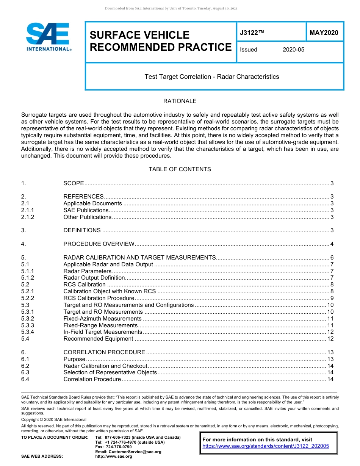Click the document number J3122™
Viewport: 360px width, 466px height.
(252, 33)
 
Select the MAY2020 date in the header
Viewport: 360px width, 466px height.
(324, 33)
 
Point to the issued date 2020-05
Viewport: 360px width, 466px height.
(293, 50)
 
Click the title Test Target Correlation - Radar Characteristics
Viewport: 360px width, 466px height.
(211, 77)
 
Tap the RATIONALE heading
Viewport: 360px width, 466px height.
(180, 101)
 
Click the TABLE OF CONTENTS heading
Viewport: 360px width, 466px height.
(180, 169)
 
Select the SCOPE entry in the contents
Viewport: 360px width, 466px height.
(74, 183)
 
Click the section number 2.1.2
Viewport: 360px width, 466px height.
(28, 217)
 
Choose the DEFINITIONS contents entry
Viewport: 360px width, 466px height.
(82, 230)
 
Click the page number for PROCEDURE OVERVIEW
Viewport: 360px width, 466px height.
(332, 244)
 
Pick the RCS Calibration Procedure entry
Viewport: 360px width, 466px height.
(99, 298)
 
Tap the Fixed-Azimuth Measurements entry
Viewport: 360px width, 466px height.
(102, 319)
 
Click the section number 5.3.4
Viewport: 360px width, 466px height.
(28, 332)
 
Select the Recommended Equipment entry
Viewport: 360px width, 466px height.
(98, 339)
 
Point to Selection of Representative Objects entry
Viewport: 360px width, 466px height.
(110, 372)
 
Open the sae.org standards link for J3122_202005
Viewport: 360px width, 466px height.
(266, 446)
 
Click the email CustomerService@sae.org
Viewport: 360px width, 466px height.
(128, 452)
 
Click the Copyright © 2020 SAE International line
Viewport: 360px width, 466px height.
(54, 419)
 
